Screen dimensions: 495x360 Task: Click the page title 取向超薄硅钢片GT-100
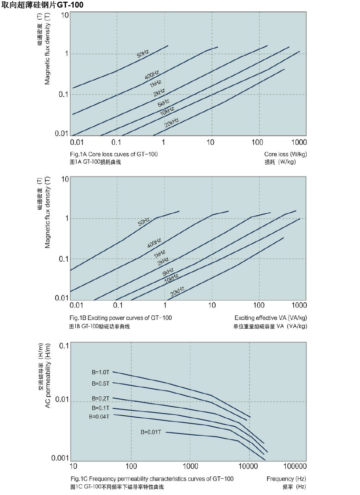(42, 5)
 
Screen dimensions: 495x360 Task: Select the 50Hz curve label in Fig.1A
(143, 54)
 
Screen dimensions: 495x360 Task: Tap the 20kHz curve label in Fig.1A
(172, 122)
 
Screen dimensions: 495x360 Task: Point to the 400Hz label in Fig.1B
(154, 243)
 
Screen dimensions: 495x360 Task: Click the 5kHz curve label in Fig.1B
(168, 272)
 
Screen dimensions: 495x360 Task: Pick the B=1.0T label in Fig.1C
(101, 372)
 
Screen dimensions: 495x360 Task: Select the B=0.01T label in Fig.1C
(151, 432)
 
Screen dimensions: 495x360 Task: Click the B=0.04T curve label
(99, 417)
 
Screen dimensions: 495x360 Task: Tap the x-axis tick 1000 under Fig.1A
(299, 142)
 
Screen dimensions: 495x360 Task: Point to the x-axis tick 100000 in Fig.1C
(295, 466)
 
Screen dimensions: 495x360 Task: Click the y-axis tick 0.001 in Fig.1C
(60, 458)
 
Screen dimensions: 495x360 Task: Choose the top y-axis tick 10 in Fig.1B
(65, 179)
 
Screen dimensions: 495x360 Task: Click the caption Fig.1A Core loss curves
(114, 154)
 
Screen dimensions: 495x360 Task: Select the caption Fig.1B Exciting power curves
(121, 318)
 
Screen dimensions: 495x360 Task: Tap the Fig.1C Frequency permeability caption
(152, 479)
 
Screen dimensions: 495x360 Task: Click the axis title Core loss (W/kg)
(285, 154)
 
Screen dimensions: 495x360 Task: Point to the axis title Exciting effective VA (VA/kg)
(271, 318)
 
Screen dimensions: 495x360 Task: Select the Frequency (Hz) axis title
(286, 479)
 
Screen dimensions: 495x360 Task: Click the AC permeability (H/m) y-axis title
(48, 376)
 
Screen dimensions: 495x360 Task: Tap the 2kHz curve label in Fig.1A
(159, 93)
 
